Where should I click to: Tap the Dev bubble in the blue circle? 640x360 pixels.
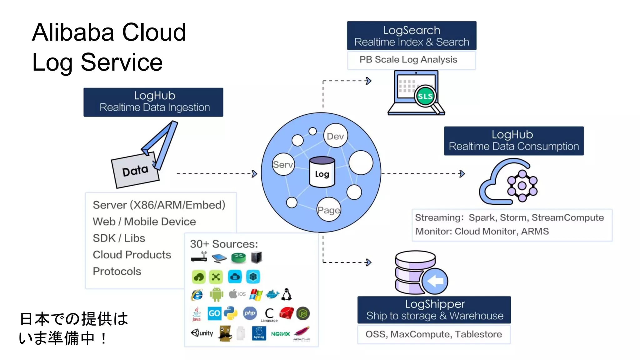coord(335,136)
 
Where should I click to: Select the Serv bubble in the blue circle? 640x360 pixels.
coord(283,164)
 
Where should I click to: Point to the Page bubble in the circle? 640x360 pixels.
coord(328,210)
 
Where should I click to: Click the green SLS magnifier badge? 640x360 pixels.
coord(425,96)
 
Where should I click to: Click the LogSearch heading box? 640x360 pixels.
coord(412,36)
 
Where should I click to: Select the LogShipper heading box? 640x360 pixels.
coord(434,310)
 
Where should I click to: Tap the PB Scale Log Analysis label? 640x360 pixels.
coord(408,59)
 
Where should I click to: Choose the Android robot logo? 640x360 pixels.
coord(216,294)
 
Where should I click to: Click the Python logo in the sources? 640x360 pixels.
coord(231,313)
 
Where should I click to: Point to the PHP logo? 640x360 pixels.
coord(250,313)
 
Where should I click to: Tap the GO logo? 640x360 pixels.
coord(214,313)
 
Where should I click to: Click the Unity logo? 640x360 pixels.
coord(202,333)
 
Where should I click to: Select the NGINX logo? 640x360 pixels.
coord(280,334)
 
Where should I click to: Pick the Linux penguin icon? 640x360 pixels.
coord(287,294)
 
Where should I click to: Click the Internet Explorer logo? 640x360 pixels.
coord(197,295)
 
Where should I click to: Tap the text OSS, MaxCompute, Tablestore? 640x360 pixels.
coord(433,334)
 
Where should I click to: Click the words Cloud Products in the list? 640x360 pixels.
coord(132,255)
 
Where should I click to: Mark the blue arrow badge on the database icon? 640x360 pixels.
coord(435,281)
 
